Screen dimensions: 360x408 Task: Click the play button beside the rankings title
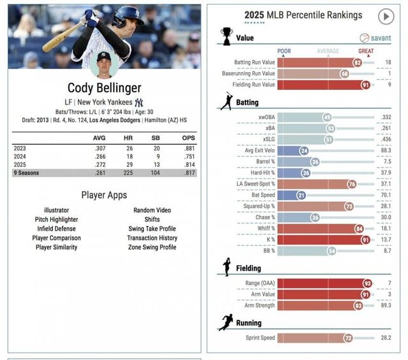[x=386, y=16]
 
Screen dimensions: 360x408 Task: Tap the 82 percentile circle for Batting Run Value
[x=357, y=62]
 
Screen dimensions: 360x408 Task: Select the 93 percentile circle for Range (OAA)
[x=367, y=283]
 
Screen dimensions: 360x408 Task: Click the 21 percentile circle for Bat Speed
[x=301, y=195]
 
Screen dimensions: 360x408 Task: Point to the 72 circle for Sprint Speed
[x=348, y=338]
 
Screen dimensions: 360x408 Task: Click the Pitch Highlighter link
[x=57, y=219]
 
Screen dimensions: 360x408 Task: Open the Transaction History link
[x=152, y=238]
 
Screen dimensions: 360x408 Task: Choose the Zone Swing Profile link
[x=152, y=247]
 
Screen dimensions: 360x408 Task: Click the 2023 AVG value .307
[x=99, y=148]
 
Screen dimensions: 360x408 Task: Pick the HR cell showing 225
[x=128, y=173]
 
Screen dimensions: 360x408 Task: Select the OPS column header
[x=189, y=138]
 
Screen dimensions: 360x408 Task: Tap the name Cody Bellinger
[x=104, y=87]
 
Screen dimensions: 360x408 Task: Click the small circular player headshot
[x=104, y=64]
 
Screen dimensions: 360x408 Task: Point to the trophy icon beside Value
[x=226, y=35]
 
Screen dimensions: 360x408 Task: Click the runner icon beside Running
[x=226, y=322]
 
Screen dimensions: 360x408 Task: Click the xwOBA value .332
[x=386, y=117]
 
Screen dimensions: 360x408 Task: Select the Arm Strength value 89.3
[x=386, y=305]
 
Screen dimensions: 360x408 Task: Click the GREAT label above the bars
[x=366, y=51]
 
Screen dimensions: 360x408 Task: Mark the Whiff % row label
[x=266, y=228]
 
